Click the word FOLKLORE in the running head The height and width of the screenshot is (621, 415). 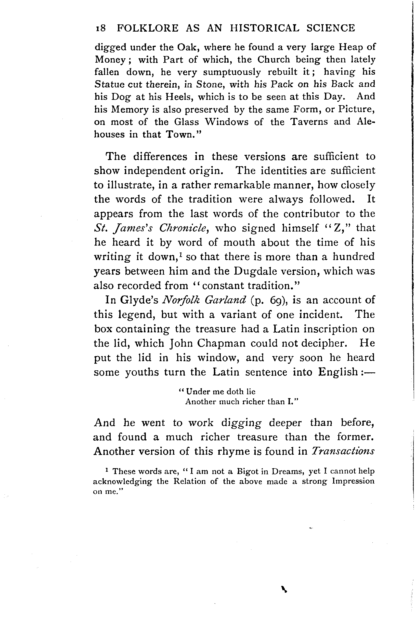(148, 28)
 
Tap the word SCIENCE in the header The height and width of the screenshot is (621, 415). (331, 28)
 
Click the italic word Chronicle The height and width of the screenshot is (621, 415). (183, 228)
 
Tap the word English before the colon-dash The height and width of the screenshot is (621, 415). (338, 372)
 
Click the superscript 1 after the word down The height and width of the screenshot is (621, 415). (180, 254)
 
